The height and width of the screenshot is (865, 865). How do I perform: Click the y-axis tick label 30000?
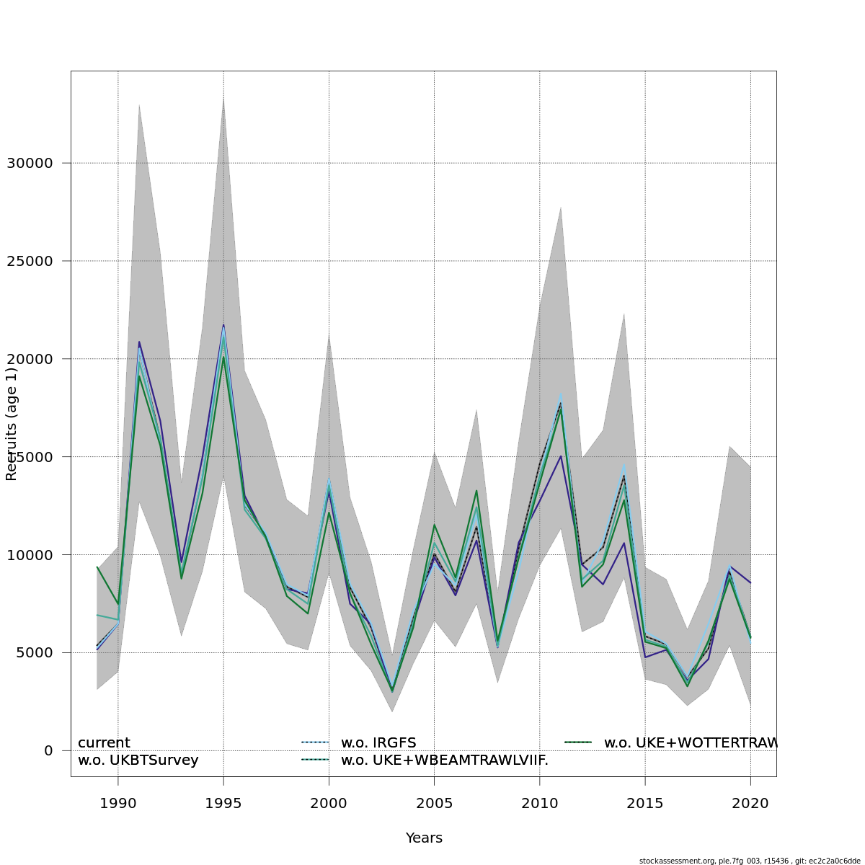tap(30, 164)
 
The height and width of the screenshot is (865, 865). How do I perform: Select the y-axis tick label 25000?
tap(30, 261)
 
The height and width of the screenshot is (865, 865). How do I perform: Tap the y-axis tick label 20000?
tap(30, 359)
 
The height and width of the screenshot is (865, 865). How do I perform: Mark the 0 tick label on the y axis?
tap(48, 751)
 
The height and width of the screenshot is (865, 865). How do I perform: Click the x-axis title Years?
tap(424, 838)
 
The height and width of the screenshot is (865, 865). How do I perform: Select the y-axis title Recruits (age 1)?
tap(12, 424)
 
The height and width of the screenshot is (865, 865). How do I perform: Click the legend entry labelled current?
tap(104, 743)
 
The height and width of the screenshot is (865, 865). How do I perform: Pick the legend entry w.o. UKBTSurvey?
tap(138, 760)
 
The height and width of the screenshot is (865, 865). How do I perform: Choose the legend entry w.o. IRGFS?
tap(378, 743)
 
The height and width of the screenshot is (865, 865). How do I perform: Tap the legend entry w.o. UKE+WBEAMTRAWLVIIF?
tap(444, 760)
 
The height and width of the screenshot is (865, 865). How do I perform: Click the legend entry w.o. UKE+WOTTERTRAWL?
tap(690, 743)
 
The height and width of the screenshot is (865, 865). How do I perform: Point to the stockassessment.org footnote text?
tap(750, 861)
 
